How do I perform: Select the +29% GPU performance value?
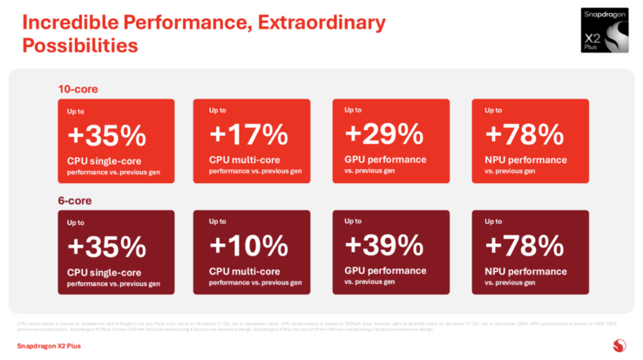coord(384,134)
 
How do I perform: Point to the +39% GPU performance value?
coord(384,246)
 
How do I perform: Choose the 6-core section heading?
coord(74,200)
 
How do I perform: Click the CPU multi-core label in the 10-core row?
coord(245,160)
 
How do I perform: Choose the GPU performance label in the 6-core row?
coord(385,271)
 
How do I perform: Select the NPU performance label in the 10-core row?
coord(525,160)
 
